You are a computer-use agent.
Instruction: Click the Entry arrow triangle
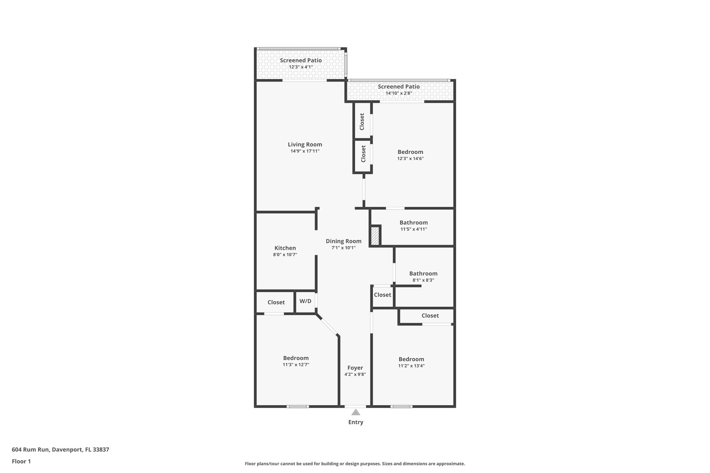coord(356,412)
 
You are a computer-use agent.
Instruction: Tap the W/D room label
coord(305,301)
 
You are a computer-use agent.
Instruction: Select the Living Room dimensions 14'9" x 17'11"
coord(305,151)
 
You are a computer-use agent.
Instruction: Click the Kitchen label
coord(285,248)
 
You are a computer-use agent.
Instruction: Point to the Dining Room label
coord(343,241)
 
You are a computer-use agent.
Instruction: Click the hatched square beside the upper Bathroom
coord(375,236)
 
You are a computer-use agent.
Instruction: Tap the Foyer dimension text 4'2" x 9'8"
coord(355,374)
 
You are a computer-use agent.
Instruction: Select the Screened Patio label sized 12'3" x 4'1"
coord(301,60)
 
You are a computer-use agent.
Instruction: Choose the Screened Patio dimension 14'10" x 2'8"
coord(399,93)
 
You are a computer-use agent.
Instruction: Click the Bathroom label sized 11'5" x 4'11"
coord(413,222)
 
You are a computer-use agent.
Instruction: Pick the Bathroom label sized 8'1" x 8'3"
coord(423,273)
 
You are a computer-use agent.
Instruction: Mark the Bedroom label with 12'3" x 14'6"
coord(410,152)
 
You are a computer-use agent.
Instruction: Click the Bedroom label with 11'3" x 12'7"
coord(296,358)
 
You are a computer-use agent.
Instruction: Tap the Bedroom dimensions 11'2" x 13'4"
coord(411,366)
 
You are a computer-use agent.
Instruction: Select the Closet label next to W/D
coord(276,302)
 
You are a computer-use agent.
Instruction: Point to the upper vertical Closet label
coord(362,122)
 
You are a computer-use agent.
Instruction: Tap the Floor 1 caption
coord(21,461)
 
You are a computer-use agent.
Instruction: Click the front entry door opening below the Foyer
coord(355,406)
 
